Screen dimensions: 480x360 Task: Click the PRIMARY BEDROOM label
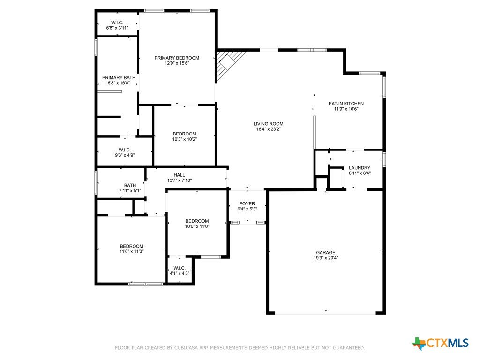(x=177, y=58)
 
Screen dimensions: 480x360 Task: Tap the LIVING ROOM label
(x=269, y=124)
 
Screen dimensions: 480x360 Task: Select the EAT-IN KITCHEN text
(x=346, y=104)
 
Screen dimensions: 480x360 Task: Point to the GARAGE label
(x=326, y=252)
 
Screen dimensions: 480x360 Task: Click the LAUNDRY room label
(x=360, y=168)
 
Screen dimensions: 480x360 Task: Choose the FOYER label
(x=247, y=203)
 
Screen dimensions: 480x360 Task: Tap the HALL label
(x=180, y=175)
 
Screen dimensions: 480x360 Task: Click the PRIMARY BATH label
(x=119, y=78)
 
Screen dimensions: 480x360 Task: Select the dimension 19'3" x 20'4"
(x=326, y=258)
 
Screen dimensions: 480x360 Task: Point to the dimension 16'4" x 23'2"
(x=269, y=129)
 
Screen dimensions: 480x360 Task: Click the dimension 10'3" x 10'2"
(x=185, y=139)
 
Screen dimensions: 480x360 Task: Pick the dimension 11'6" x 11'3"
(x=132, y=252)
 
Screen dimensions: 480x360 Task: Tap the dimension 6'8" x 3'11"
(x=117, y=28)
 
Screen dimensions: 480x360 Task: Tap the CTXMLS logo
(x=441, y=343)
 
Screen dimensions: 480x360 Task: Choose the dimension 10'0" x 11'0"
(x=197, y=226)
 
